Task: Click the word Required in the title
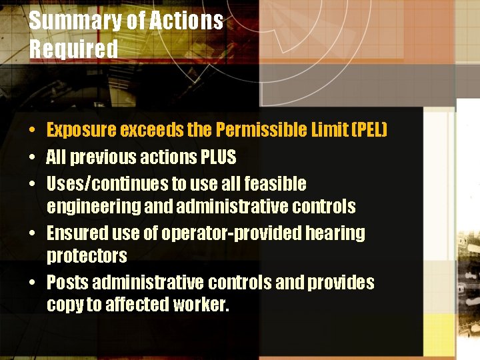coord(73,49)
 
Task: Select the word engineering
coord(93,207)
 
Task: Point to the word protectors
coord(87,256)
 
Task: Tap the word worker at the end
coord(201,305)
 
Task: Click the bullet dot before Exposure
coord(32,129)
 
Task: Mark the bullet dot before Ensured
coord(32,234)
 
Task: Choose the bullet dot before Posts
coord(32,283)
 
